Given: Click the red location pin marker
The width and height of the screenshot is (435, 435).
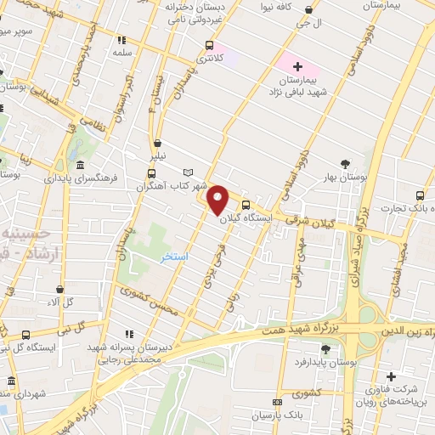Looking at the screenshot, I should [217, 200].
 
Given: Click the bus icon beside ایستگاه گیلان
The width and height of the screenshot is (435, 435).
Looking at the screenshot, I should [246, 205].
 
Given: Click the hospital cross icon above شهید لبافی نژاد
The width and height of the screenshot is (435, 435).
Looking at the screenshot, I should [297, 65].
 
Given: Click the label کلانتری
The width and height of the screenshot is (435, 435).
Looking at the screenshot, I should [209, 59].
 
